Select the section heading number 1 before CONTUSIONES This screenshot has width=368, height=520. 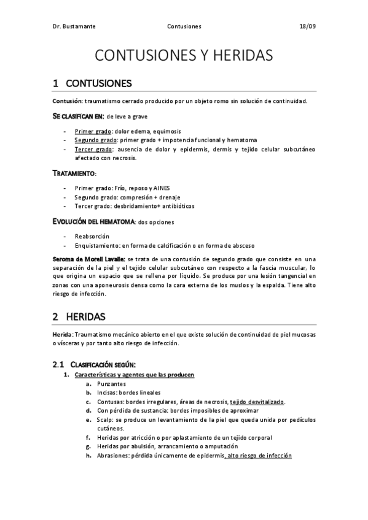56,83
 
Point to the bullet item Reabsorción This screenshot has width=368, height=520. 92,236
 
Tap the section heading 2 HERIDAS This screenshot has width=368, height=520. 79,317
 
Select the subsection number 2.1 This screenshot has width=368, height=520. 58,365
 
